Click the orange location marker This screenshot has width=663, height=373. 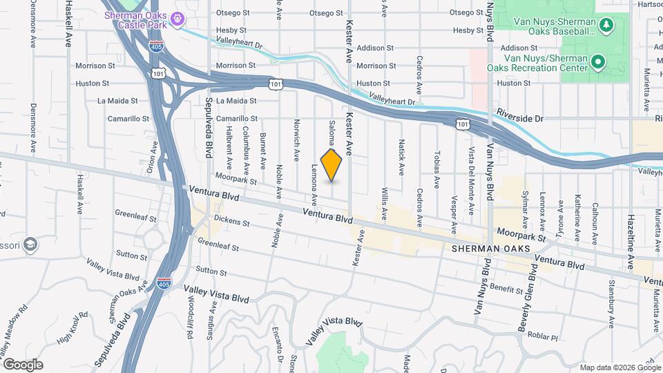point(331,164)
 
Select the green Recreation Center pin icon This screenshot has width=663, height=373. point(598,62)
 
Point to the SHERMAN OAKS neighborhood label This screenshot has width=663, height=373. point(491,249)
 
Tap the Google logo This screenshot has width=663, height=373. point(23,364)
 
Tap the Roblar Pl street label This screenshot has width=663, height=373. point(544,337)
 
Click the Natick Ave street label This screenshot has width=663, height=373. point(401,157)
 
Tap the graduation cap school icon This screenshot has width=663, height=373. point(30,244)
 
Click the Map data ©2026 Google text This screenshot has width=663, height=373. point(619,367)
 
